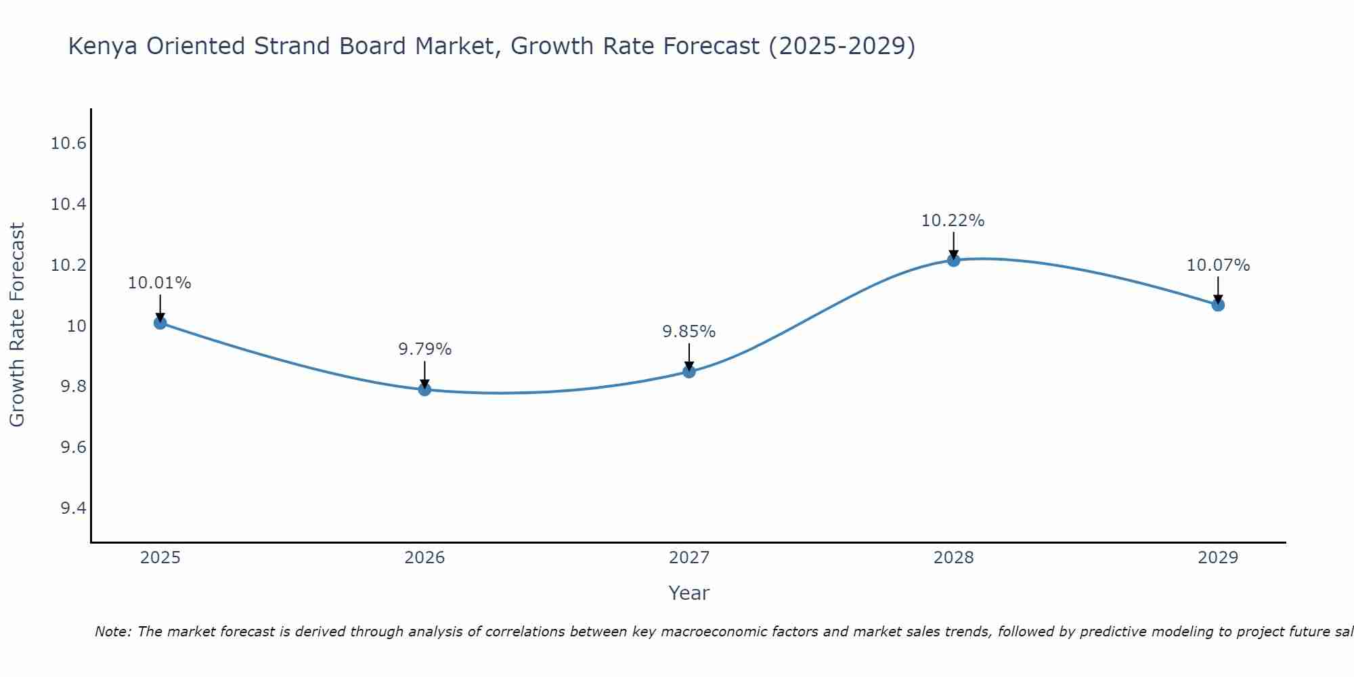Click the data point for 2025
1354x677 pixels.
point(160,323)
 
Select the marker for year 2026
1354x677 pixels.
point(424,389)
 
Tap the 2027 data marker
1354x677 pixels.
point(689,371)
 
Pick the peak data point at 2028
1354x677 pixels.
point(953,260)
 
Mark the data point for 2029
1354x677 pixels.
point(1218,305)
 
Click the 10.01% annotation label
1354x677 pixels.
point(160,283)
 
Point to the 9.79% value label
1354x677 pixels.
point(424,349)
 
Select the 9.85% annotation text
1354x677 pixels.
point(689,332)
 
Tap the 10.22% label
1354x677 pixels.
point(953,221)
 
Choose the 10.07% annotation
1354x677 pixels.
point(1218,265)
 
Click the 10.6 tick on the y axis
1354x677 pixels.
point(68,144)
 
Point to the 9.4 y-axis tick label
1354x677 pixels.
point(73,508)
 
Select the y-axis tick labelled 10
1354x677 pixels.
point(77,326)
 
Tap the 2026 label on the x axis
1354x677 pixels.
point(424,558)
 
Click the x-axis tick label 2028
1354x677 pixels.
point(953,558)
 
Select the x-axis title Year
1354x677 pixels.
point(689,593)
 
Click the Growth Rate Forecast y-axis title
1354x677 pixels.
point(17,325)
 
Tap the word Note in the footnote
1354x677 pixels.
point(114,632)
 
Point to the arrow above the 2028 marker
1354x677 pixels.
point(953,245)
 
